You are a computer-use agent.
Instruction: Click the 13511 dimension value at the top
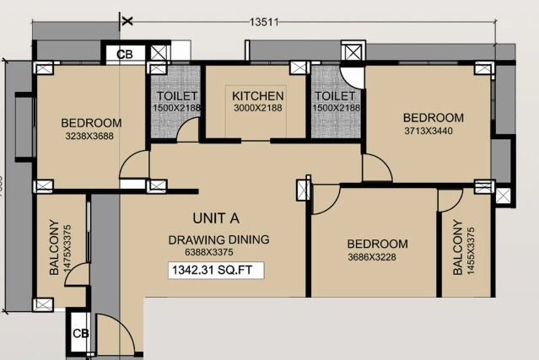click(264, 22)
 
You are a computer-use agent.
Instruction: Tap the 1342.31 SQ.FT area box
click(216, 271)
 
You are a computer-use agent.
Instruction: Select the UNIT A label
click(216, 218)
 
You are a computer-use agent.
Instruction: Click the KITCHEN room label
click(258, 96)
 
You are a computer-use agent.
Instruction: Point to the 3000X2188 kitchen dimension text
click(258, 108)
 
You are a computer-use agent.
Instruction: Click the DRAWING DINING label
click(218, 239)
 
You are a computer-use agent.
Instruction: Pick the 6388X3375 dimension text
click(209, 252)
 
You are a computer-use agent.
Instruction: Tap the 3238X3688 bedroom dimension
click(89, 137)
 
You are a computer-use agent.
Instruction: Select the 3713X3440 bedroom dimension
click(429, 131)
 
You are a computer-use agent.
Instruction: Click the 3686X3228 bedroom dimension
click(372, 257)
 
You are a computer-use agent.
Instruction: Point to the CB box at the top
click(125, 54)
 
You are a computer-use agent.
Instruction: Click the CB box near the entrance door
click(80, 333)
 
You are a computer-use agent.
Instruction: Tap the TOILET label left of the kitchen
click(177, 96)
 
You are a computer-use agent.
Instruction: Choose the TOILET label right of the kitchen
click(335, 96)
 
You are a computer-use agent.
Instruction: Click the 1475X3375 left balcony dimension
click(67, 249)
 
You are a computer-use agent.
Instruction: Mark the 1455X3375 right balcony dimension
click(471, 251)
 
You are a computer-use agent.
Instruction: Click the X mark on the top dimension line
click(127, 21)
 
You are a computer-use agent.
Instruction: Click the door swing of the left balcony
click(76, 274)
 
